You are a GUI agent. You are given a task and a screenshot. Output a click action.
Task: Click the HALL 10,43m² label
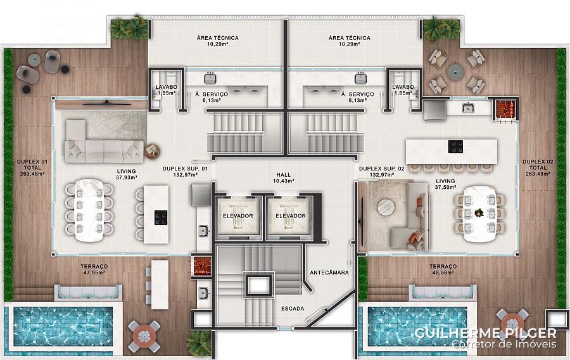coord(284,177)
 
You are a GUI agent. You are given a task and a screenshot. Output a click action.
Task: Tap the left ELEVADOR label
coord(237,215)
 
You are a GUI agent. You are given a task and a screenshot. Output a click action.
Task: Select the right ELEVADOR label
coord(291,215)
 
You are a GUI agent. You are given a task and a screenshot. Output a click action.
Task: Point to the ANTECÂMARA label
coord(329,273)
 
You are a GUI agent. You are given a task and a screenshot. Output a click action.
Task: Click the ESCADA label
coord(293,309)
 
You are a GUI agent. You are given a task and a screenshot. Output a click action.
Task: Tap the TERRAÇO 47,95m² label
coord(94,269)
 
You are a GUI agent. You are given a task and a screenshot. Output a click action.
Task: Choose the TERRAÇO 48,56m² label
coord(443,269)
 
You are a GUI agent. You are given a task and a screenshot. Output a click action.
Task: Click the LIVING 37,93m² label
coord(127,174)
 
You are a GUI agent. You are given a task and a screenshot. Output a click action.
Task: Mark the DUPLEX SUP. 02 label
coord(381,169)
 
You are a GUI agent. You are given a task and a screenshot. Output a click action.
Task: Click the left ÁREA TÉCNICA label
coord(217,37)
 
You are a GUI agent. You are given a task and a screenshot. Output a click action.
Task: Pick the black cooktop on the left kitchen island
coord(161,217)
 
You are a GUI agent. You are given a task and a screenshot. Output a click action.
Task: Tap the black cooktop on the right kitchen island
coord(455,146)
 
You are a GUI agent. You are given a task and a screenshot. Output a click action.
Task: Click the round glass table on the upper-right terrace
coord(455,72)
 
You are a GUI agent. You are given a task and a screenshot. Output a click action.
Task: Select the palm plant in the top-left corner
coord(129,29)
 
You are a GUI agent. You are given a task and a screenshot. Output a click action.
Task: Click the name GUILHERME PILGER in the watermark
coord(486,333)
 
